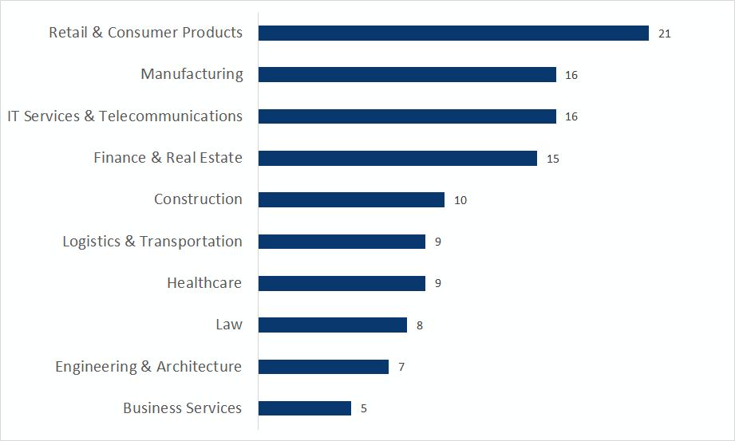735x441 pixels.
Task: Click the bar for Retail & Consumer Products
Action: [453, 33]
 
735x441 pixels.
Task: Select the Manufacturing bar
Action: [407, 74]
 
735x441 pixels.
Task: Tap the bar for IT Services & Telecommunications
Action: [407, 116]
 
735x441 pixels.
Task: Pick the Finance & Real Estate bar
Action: [397, 158]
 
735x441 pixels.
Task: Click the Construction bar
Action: [351, 199]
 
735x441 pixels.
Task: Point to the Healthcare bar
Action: [342, 283]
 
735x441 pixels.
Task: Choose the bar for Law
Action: [333, 325]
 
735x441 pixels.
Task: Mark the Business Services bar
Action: [305, 408]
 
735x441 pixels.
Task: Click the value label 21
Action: [665, 33]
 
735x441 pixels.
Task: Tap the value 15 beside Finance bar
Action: [553, 159]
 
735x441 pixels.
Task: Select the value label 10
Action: [460, 200]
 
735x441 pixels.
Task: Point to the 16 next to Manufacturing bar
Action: [571, 75]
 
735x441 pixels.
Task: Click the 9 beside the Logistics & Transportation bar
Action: [438, 242]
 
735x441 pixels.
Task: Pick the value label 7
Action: [401, 367]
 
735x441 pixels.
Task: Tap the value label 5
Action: [364, 408]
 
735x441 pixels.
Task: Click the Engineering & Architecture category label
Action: [148, 367]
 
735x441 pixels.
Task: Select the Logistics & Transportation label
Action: [152, 242]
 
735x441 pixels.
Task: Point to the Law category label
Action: [229, 325]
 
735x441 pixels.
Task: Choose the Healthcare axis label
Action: [204, 283]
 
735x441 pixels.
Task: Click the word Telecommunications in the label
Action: [171, 116]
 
